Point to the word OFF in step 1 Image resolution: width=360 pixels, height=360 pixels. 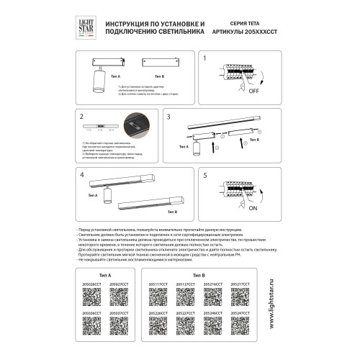point(255,92)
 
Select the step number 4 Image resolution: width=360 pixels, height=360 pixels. point(82,176)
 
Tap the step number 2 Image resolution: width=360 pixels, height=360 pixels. point(82,116)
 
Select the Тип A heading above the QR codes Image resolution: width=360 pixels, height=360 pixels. point(105,275)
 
